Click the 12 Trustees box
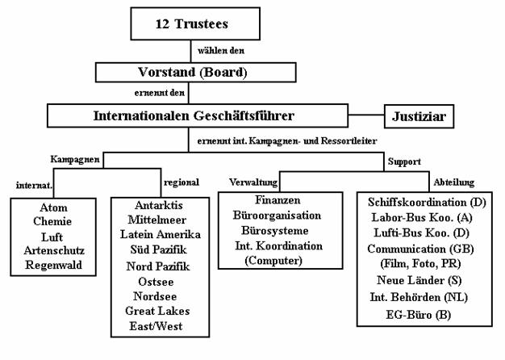[x=195, y=24]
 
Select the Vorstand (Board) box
[x=195, y=72]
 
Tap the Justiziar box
[x=419, y=116]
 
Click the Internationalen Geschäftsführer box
[x=198, y=115]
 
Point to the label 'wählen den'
[x=221, y=51]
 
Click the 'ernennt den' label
[x=160, y=93]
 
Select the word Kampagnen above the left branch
[x=75, y=160]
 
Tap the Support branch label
[x=404, y=161]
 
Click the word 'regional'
[x=182, y=182]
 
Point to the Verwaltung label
[x=253, y=182]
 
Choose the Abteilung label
[x=454, y=182]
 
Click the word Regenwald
[x=53, y=265]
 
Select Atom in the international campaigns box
[x=53, y=207]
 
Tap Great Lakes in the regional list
[x=157, y=311]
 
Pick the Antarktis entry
[x=159, y=205]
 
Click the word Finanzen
[x=278, y=200]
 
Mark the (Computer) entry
[x=273, y=261]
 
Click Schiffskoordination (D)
[x=427, y=203]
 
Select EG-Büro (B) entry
[x=419, y=315]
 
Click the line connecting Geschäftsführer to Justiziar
[x=366, y=115]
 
